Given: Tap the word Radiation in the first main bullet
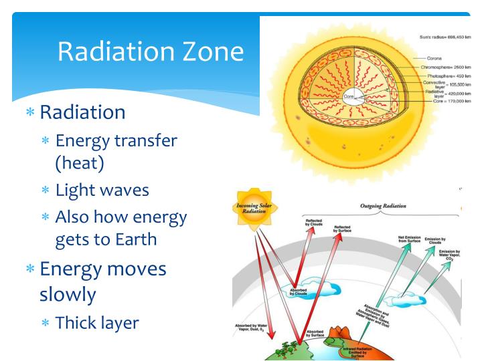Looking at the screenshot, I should pos(82,111).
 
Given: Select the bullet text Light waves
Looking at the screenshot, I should pos(102,190).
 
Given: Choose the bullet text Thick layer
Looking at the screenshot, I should pos(97,323).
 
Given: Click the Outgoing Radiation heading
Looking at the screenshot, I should pos(383,207).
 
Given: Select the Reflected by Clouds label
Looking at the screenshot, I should pos(313,223).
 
